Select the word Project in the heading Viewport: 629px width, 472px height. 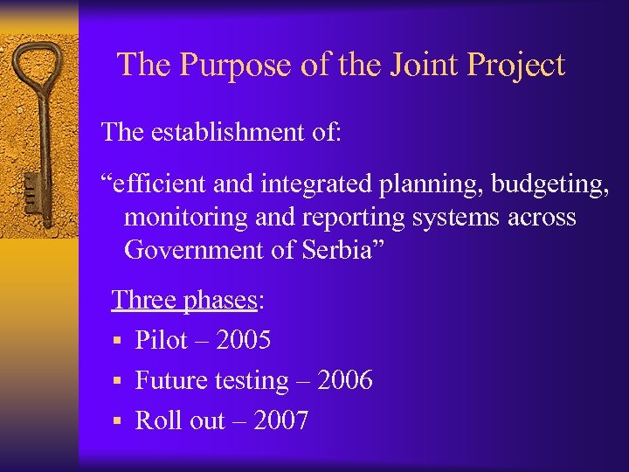click(516, 66)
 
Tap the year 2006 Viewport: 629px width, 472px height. click(345, 380)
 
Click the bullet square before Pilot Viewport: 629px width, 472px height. click(116, 341)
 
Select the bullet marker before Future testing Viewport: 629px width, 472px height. click(116, 381)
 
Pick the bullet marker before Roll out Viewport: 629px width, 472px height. click(116, 421)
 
